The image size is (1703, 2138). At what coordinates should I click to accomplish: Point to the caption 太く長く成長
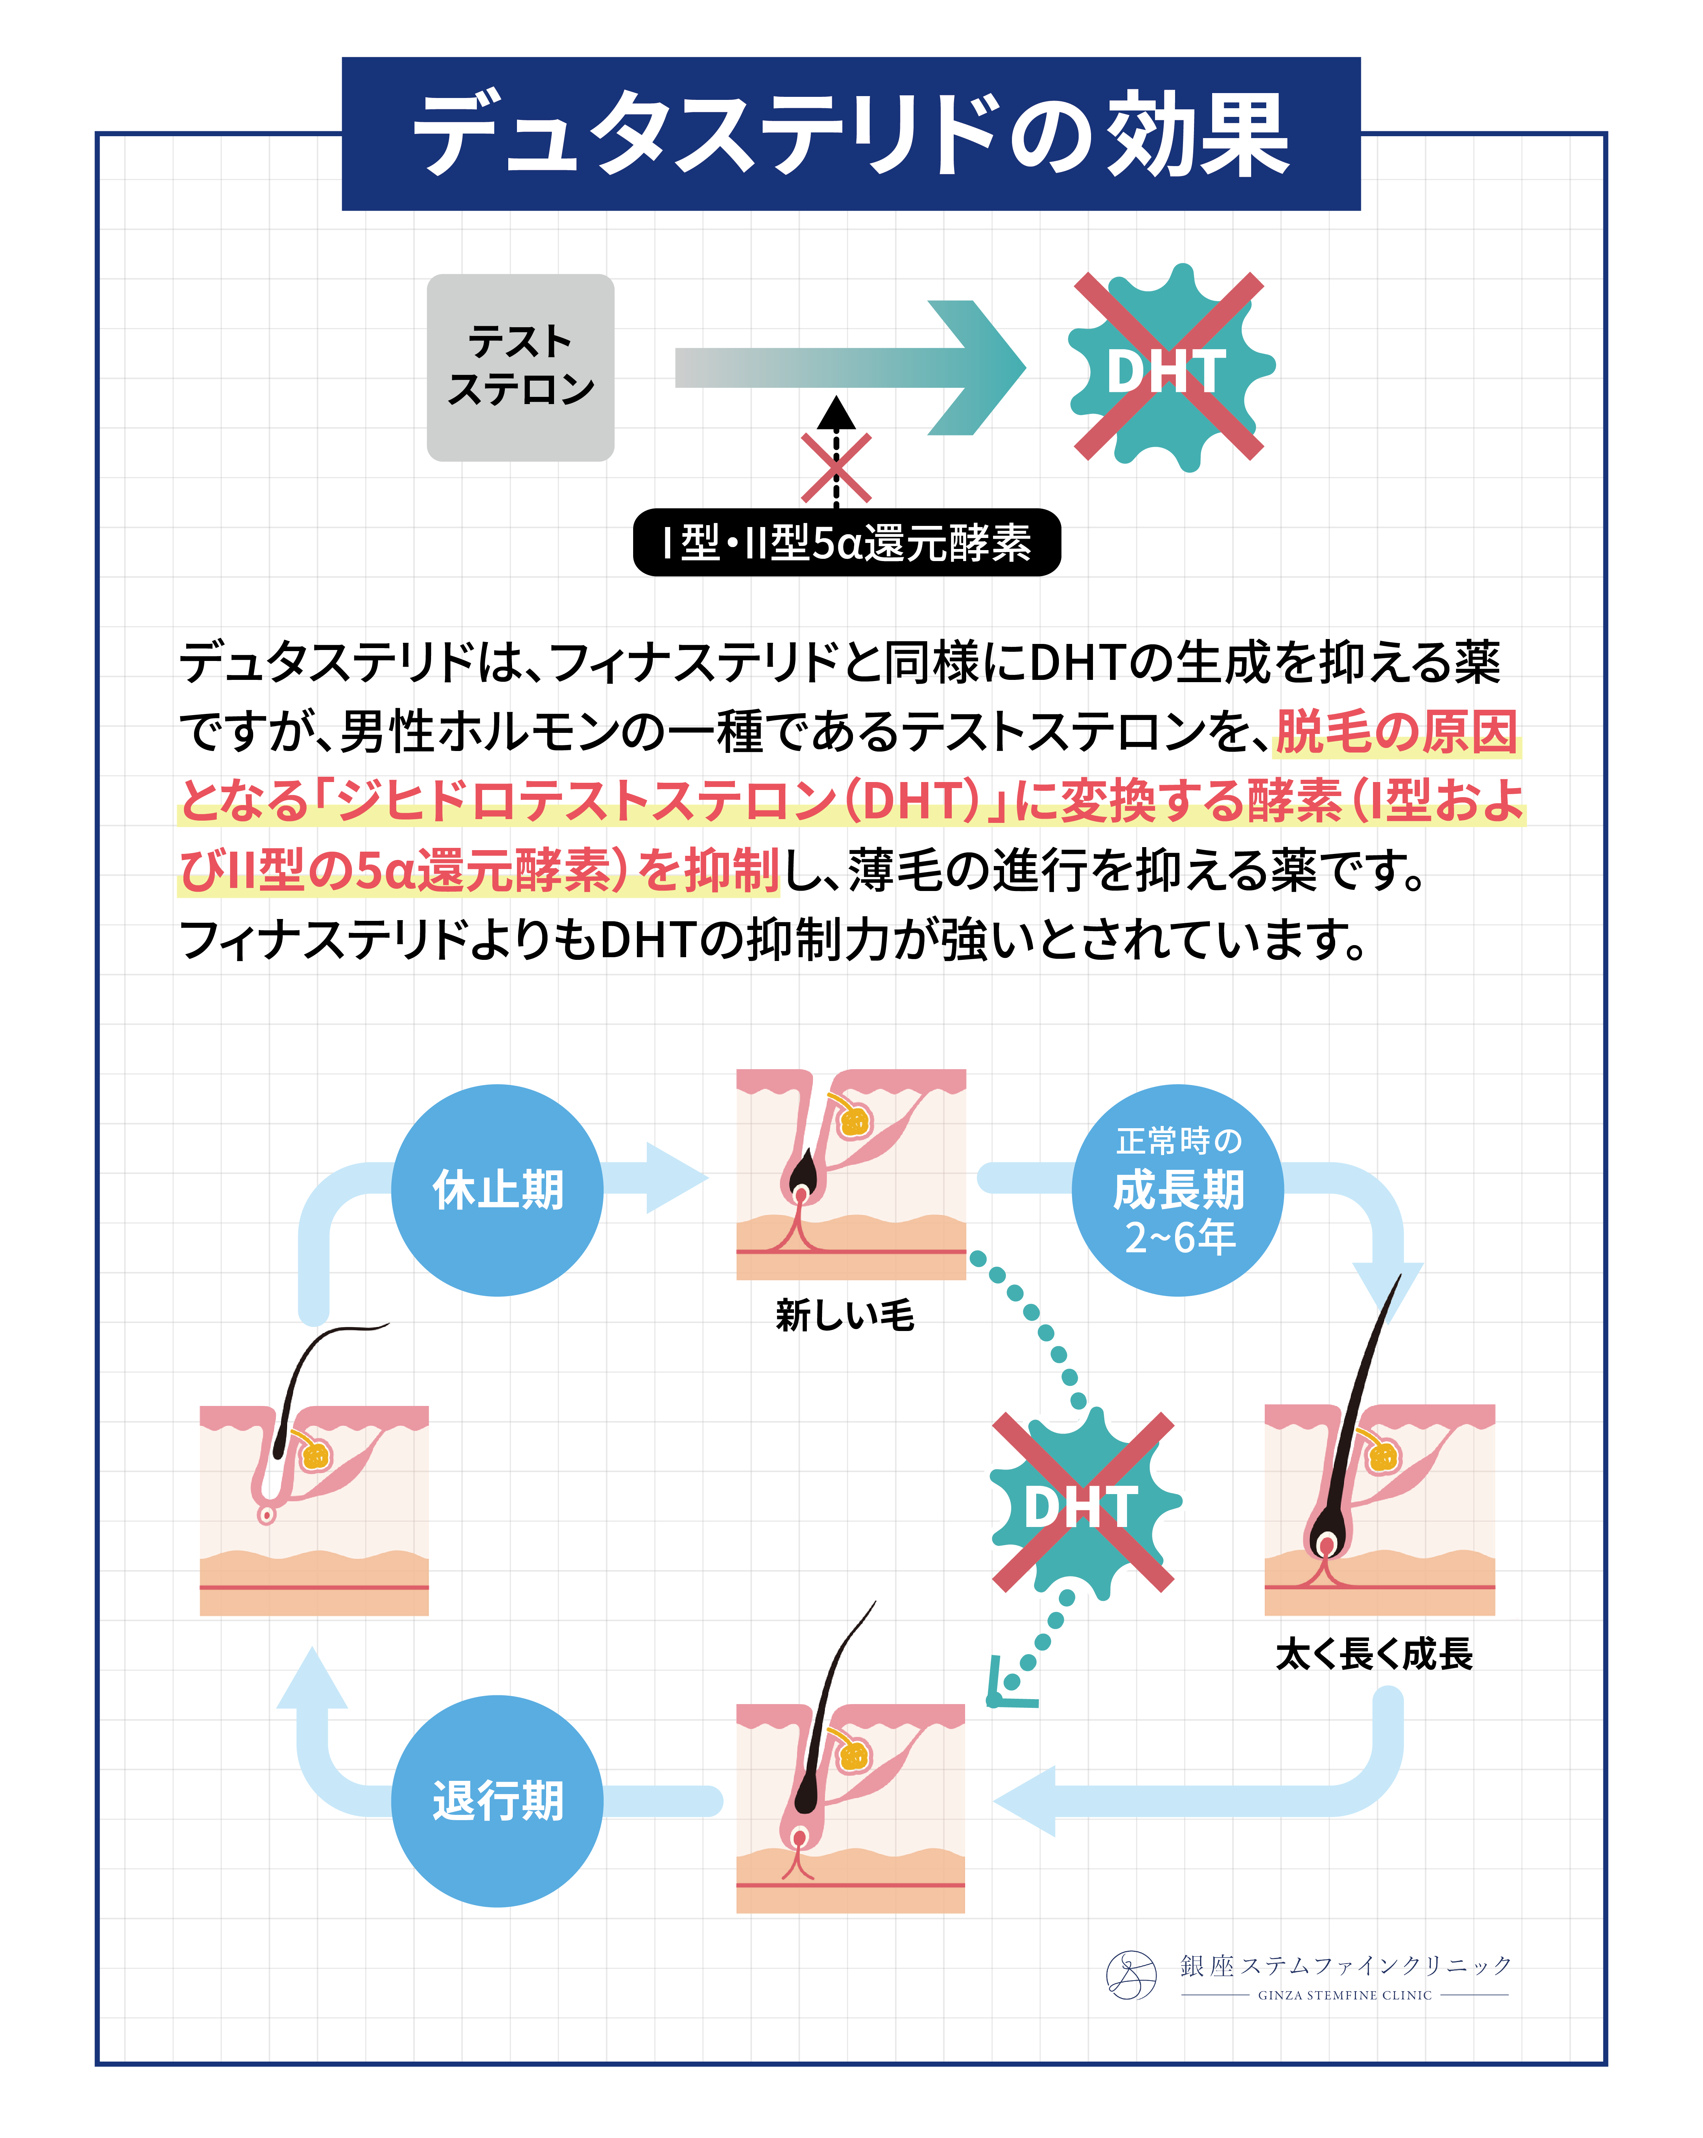coord(1374,1653)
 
